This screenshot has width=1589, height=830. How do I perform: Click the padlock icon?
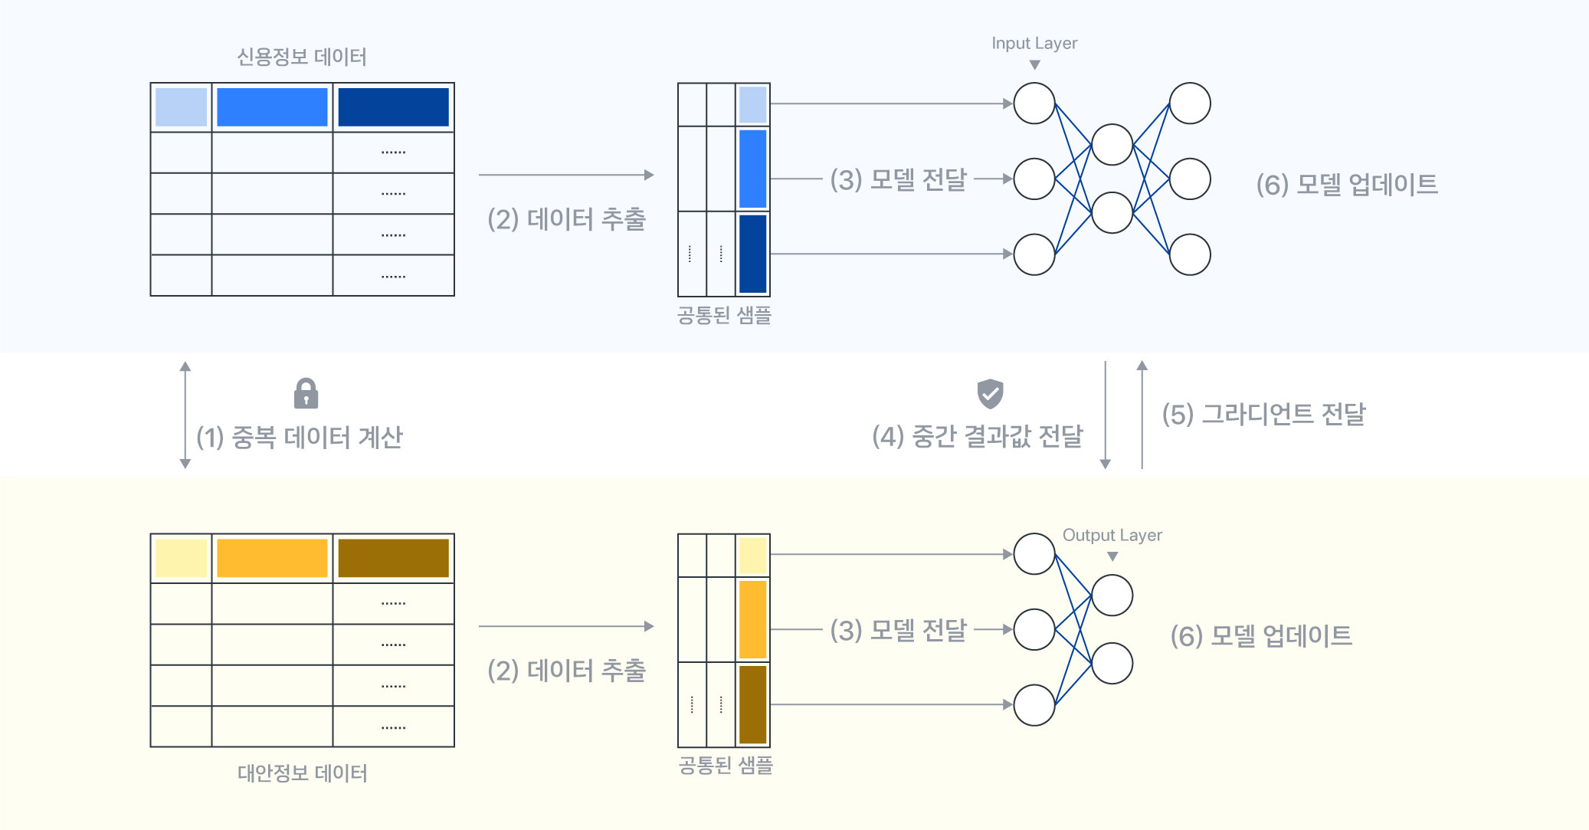click(306, 393)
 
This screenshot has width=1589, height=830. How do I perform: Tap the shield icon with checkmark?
click(990, 393)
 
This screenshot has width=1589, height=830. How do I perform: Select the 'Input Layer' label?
click(1034, 43)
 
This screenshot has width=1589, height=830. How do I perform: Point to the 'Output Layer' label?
click(1112, 535)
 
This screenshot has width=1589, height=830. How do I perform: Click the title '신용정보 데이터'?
click(302, 57)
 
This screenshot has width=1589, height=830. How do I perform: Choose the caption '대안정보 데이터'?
click(302, 773)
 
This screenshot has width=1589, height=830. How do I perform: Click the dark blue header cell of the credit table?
click(393, 107)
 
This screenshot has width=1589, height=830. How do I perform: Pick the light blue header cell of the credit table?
click(181, 107)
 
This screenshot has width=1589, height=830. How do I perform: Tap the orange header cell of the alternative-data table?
click(272, 558)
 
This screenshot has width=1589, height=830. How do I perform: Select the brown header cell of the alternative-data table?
click(393, 558)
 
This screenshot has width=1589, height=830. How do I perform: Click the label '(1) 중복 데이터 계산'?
click(300, 438)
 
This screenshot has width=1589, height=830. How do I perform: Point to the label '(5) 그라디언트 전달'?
click(1263, 414)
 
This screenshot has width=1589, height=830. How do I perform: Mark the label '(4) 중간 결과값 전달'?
click(977, 436)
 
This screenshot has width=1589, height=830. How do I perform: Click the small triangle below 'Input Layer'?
click(1034, 65)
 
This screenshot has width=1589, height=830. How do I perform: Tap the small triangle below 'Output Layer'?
click(1112, 556)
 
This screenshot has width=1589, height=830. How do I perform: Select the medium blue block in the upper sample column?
click(752, 169)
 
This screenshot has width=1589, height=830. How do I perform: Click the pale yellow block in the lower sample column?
click(752, 556)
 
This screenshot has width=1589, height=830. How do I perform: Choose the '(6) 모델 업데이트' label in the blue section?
click(1347, 184)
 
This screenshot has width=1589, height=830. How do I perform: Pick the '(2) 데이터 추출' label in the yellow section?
click(566, 670)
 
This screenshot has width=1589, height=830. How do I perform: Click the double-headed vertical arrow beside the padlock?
click(185, 415)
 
